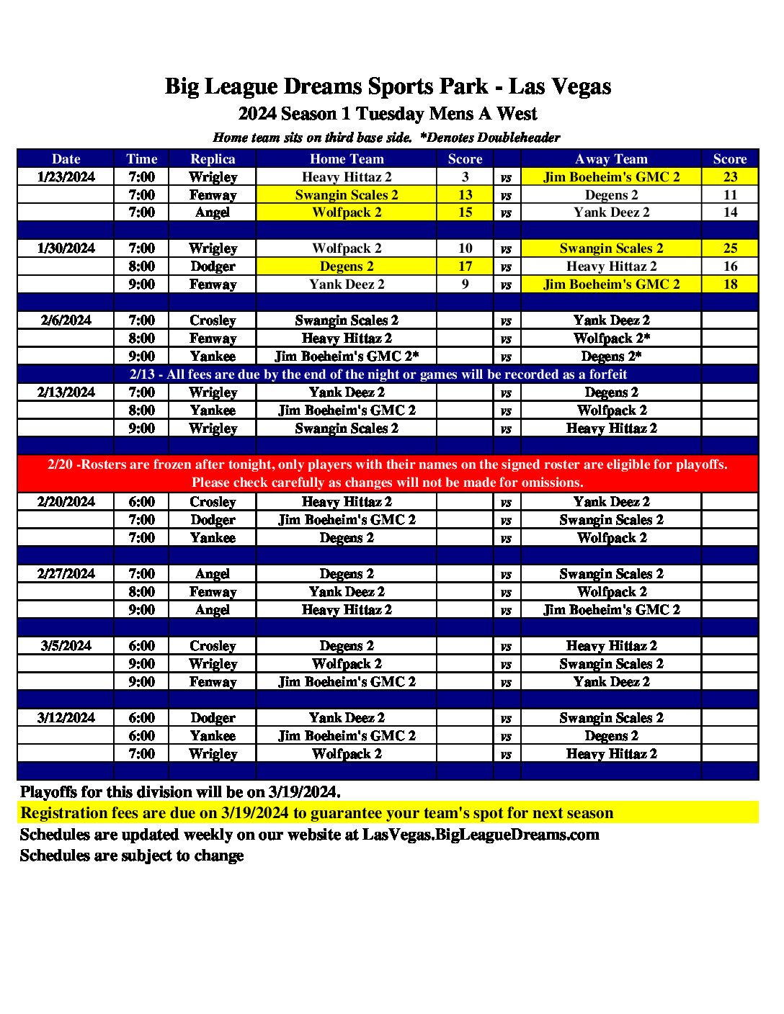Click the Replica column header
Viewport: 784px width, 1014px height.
[x=213, y=159]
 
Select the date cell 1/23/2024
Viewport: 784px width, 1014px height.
[x=66, y=177]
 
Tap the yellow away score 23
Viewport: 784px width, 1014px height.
[x=730, y=177]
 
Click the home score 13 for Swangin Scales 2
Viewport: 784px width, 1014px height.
[x=465, y=195]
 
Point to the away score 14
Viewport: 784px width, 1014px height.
[x=730, y=212]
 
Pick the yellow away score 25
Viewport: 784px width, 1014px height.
[x=730, y=248]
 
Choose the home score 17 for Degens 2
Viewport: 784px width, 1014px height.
[x=465, y=266]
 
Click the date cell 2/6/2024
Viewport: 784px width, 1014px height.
[x=66, y=320]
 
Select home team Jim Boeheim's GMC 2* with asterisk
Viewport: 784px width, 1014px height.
[x=347, y=356]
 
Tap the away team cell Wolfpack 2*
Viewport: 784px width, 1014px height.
[x=612, y=338]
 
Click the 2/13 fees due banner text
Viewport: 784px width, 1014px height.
[x=378, y=374]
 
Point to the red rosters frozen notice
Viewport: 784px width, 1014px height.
[x=388, y=473]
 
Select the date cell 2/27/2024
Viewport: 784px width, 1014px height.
[x=66, y=574]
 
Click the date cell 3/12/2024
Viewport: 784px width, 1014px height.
[x=66, y=718]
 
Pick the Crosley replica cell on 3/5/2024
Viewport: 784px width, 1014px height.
[x=213, y=646]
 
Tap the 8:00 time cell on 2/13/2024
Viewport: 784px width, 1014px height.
[x=141, y=410]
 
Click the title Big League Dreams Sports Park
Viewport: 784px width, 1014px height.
[x=388, y=86]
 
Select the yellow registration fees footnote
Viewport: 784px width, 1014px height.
[x=317, y=813]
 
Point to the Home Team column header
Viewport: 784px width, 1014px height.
[x=347, y=159]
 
